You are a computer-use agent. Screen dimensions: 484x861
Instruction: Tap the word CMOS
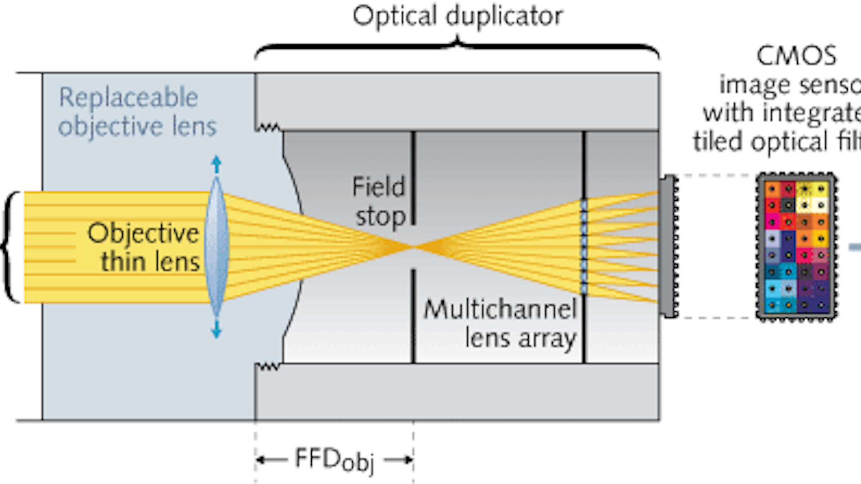pyautogui.click(x=796, y=56)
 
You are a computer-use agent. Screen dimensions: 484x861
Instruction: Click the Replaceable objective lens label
pyautogui.click(x=137, y=112)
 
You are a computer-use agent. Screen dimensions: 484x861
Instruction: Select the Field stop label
pyautogui.click(x=379, y=202)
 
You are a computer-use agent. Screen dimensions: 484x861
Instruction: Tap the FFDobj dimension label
pyautogui.click(x=334, y=460)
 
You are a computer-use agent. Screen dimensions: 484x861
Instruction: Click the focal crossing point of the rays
pyautogui.click(x=412, y=247)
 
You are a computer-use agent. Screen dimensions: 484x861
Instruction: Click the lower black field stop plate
pyautogui.click(x=413, y=316)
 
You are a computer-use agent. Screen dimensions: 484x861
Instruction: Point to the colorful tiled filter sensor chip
pyautogui.click(x=796, y=247)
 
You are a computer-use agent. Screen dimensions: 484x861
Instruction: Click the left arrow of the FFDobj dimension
pyautogui.click(x=271, y=460)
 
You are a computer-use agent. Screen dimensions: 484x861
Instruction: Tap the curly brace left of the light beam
pyautogui.click(x=11, y=247)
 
